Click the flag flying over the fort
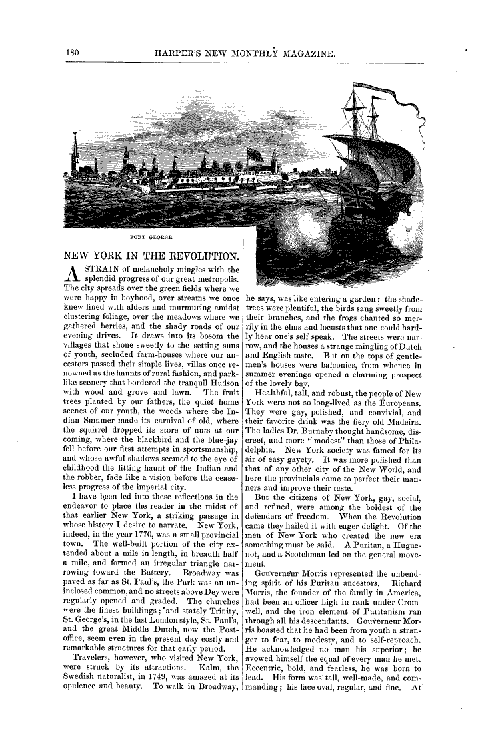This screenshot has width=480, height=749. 255,154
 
